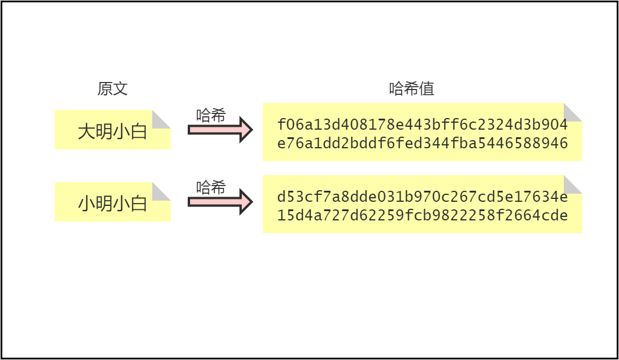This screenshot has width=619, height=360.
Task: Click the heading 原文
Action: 113,88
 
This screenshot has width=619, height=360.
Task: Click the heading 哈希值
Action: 412,88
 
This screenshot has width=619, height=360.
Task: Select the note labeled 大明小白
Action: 113,130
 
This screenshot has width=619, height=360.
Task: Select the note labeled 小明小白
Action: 113,202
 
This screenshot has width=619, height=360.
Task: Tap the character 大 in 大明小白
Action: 86,131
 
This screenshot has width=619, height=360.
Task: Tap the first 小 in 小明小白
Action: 86,204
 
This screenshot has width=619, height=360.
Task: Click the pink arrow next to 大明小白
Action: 220,130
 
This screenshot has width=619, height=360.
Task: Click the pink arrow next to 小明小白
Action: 220,202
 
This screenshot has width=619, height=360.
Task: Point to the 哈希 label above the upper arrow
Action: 211,115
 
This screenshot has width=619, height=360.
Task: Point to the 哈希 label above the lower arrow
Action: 211,187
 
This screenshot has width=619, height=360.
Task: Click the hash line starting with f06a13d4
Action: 423,124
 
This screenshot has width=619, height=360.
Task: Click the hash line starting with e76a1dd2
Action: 423,143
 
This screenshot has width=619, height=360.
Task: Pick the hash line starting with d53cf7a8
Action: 423,197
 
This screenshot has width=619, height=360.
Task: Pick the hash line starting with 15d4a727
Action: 423,215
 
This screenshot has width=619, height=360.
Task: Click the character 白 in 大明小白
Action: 138,131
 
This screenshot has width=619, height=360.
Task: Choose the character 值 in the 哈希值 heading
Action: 427,88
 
